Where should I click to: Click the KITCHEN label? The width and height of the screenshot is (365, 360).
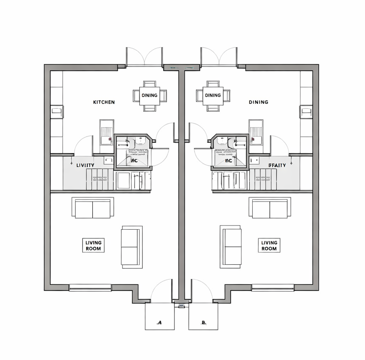[x=104, y=102]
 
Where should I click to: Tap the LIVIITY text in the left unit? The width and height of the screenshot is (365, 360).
[x=85, y=165]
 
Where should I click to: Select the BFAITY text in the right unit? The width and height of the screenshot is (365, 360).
[x=277, y=165]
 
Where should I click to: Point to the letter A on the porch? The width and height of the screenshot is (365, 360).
[x=159, y=322]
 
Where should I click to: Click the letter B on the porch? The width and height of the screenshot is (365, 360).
[x=204, y=322]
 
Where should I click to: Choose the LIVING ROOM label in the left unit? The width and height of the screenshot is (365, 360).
[x=93, y=246]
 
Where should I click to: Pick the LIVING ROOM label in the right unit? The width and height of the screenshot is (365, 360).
[x=269, y=246]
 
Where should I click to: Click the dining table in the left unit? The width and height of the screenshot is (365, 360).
[x=149, y=95]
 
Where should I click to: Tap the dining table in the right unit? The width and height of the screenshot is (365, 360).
[x=213, y=95]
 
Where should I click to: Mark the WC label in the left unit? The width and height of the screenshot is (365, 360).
[x=134, y=160]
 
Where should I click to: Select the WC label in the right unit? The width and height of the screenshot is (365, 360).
[x=228, y=160]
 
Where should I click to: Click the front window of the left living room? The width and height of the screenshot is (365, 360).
[x=90, y=287]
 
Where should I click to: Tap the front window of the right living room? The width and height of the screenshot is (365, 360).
[x=273, y=287]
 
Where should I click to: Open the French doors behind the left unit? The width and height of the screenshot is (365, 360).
[x=144, y=57]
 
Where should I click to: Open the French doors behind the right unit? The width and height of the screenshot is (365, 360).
[x=219, y=57]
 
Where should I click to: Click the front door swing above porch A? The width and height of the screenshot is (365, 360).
[x=161, y=291]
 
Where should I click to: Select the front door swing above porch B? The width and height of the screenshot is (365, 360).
[x=201, y=291]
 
